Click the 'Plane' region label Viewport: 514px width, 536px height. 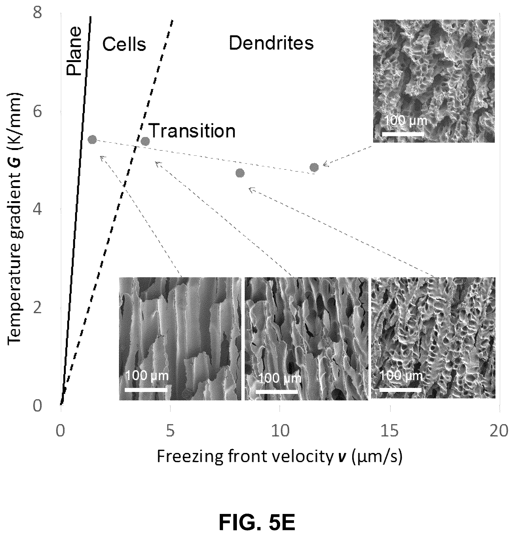tap(74, 51)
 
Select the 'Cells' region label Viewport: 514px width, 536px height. tap(124, 44)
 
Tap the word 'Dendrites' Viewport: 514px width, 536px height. tap(271, 43)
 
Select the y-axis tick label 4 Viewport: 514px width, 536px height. tap(38, 211)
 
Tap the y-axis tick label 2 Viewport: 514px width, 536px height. tap(38, 308)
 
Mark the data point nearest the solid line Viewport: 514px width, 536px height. tap(92, 140)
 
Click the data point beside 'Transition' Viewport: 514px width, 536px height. tap(145, 141)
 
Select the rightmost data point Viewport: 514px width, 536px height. tap(314, 167)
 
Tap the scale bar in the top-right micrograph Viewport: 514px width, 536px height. tap(403, 134)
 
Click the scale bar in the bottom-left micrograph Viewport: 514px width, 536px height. tap(146, 390)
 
